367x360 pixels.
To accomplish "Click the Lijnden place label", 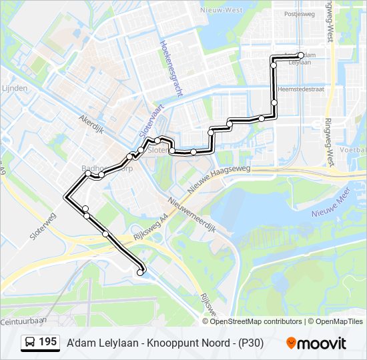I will [x=15, y=88].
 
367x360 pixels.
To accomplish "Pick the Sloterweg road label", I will [x=43, y=227].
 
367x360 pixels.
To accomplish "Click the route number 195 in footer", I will [x=47, y=342].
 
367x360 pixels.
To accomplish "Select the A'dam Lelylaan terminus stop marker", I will [x=301, y=55].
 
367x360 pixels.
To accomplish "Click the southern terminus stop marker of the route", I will [x=140, y=272].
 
